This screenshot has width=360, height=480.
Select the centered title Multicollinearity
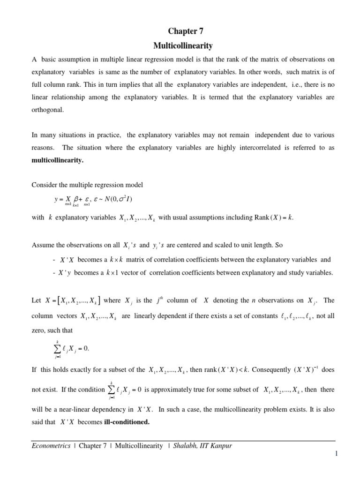click(183, 46)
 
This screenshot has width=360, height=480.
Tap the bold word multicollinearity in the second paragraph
click(58, 160)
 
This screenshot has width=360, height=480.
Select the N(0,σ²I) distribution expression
click(115, 199)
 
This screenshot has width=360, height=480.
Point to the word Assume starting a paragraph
click(42, 245)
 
